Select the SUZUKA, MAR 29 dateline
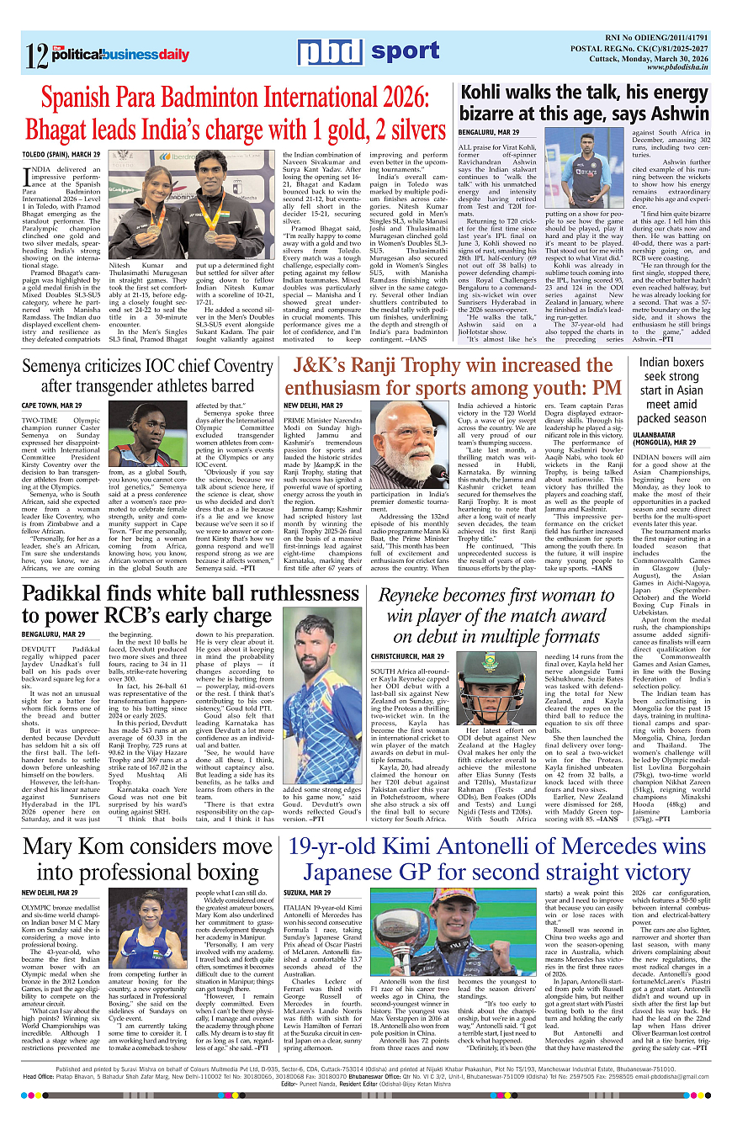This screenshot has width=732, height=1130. pos(310,892)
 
